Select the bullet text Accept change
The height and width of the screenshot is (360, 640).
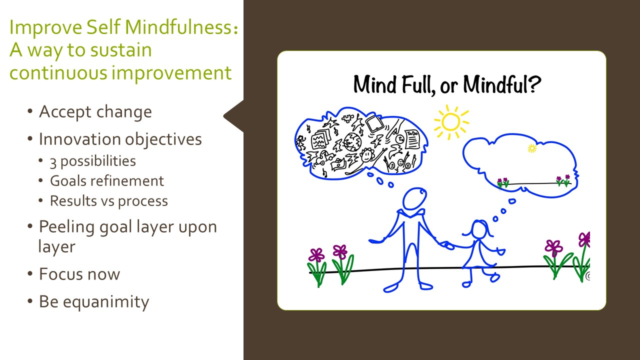coord(95,111)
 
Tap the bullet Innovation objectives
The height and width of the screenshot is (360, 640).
coord(120,139)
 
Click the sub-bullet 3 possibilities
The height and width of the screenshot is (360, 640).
coord(93,161)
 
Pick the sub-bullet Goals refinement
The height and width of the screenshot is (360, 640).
coord(107,181)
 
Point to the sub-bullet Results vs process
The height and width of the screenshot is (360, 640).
coord(109,201)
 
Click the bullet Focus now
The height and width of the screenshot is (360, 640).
coord(79,274)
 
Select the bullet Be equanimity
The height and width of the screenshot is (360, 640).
coord(94,302)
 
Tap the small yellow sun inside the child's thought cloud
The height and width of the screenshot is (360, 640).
coord(532,148)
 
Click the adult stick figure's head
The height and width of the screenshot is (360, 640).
coord(414,199)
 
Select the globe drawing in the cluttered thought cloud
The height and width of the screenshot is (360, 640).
coord(352,141)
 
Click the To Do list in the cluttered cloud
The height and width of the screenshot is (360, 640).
coord(412,139)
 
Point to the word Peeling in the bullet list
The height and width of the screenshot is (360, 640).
coord(67,227)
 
